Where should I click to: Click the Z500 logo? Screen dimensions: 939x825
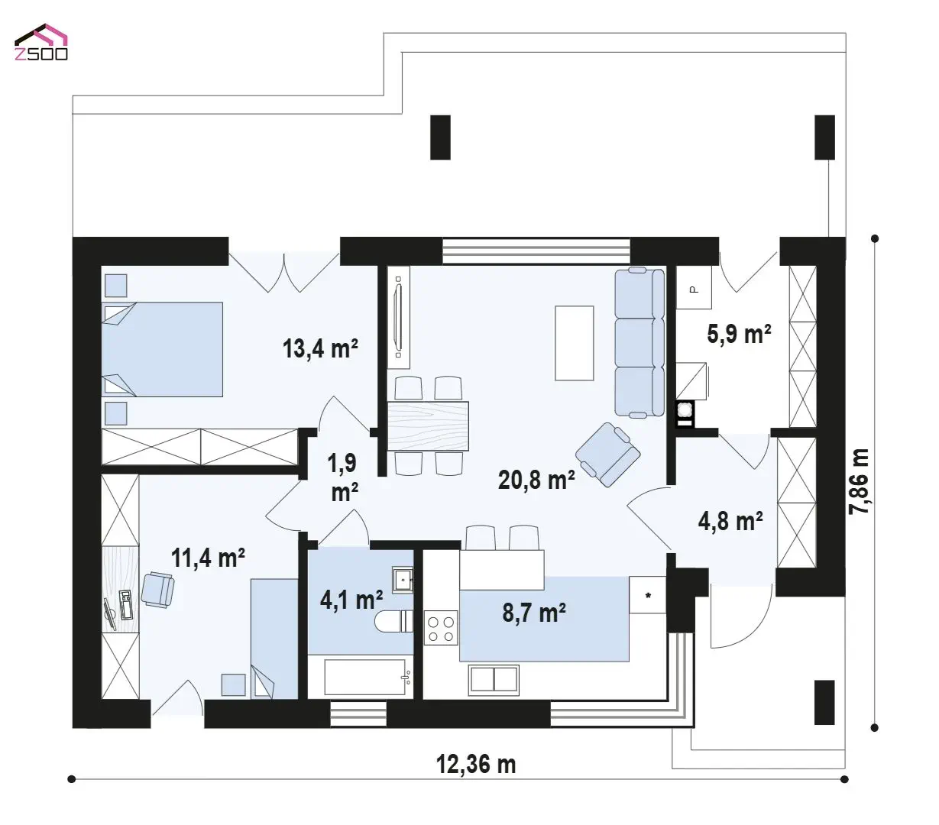tap(41, 42)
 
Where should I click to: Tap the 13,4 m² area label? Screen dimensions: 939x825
tap(320, 348)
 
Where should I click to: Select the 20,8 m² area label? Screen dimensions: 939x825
tap(536, 480)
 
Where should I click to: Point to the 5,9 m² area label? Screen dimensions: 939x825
tap(739, 334)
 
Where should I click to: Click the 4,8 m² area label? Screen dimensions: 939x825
tap(730, 522)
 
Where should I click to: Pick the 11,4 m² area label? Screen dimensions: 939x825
tap(208, 558)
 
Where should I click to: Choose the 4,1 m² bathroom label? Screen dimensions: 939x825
tap(351, 600)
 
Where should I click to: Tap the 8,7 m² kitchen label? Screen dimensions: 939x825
tap(534, 613)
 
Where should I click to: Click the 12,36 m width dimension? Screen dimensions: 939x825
tap(476, 765)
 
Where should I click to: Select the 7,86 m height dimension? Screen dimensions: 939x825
tap(859, 481)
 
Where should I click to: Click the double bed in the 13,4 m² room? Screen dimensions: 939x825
tap(162, 349)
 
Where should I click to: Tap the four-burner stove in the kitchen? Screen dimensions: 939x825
tap(441, 628)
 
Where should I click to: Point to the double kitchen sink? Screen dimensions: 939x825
tap(494, 680)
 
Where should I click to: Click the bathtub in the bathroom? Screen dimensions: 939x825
tap(364, 677)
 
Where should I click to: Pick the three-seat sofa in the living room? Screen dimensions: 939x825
tap(639, 342)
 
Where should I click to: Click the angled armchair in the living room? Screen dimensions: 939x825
tap(607, 455)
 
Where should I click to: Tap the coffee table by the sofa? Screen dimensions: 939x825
tap(575, 343)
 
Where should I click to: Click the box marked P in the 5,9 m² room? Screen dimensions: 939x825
tap(693, 288)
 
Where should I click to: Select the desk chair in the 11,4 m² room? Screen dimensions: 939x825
tap(157, 590)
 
